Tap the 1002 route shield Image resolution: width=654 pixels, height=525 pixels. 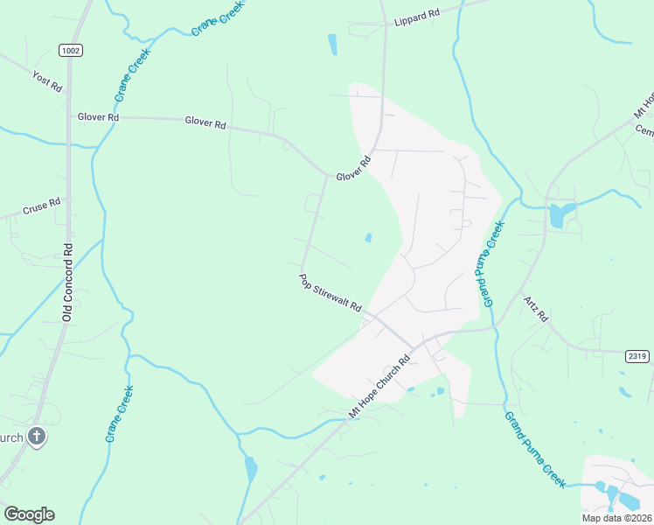(72, 51)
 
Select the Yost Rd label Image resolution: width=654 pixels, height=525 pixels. (47, 81)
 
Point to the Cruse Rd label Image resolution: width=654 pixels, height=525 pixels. (43, 207)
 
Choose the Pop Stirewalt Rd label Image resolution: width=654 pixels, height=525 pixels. (330, 293)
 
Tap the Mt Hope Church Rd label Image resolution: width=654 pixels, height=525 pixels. (379, 386)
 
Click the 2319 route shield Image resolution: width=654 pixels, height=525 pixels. (637, 356)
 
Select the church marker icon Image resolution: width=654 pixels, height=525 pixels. (37, 437)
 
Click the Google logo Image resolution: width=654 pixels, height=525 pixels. (29, 514)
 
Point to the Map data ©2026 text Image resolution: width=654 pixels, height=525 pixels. (616, 518)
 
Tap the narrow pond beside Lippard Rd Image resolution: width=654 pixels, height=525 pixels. (332, 44)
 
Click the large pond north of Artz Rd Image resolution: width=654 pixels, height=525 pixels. (560, 214)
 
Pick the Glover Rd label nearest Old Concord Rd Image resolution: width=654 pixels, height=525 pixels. (98, 116)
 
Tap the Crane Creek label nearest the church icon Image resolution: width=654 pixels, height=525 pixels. (120, 413)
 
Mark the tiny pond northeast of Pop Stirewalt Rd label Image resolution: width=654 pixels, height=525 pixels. (368, 237)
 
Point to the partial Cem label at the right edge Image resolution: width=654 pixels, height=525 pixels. (644, 130)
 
